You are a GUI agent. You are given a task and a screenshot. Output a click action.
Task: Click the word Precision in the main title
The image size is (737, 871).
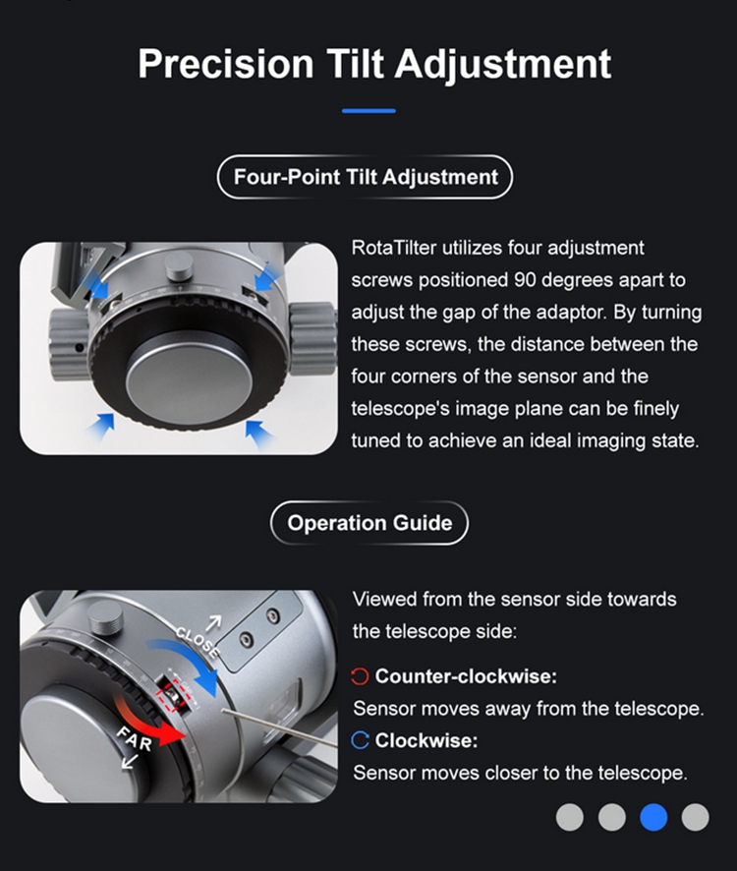point(225,63)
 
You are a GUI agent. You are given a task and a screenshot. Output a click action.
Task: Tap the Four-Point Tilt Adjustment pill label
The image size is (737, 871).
point(365,177)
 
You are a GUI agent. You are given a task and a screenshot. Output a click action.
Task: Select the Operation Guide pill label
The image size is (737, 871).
point(369,523)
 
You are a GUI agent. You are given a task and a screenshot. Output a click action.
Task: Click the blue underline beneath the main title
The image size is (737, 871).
point(368,111)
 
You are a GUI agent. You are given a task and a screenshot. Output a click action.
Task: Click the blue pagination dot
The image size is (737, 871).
point(653,817)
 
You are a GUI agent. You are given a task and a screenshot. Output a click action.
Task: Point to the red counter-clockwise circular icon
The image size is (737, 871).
point(360,676)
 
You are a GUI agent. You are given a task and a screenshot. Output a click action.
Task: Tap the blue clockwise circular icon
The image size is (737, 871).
point(360,740)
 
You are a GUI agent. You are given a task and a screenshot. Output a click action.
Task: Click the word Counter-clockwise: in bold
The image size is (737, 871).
point(466,676)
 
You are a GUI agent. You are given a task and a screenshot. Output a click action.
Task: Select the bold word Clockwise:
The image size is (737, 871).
point(425,740)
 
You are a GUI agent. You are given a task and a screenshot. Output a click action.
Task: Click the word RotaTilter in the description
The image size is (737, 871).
point(394,248)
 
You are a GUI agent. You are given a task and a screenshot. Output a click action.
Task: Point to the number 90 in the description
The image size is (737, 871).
point(525,280)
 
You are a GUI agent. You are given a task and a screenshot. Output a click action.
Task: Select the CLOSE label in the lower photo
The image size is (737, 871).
point(198,642)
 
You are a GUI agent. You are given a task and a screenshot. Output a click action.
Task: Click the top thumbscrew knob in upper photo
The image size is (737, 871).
point(179,267)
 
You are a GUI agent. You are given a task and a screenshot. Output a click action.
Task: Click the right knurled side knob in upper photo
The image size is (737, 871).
point(312,338)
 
